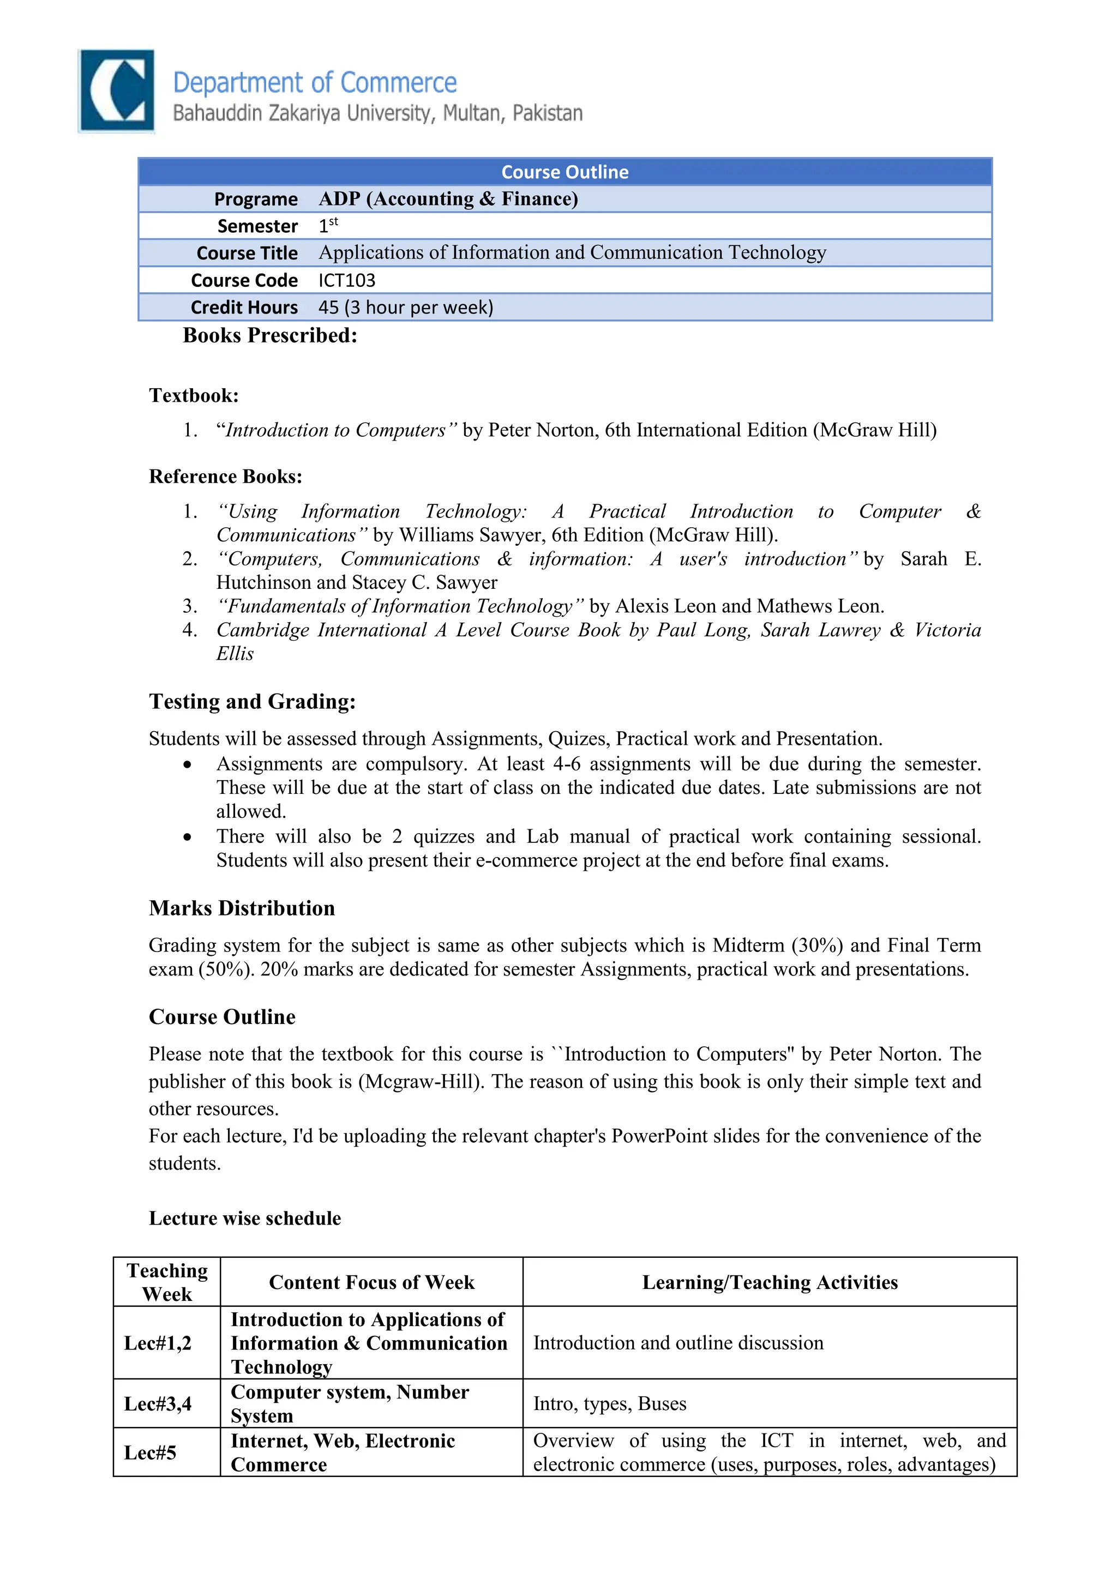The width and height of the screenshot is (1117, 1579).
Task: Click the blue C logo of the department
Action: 116,90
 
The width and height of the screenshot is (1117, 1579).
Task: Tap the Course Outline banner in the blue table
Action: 564,172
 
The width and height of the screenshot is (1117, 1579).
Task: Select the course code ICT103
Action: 347,281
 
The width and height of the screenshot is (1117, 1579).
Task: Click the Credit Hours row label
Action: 244,308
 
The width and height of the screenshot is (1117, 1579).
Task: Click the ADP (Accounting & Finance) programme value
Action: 448,199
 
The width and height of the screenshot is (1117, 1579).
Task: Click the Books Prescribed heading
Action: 269,336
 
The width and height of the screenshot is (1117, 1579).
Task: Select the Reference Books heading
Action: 226,477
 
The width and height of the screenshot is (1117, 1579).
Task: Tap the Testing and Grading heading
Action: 253,702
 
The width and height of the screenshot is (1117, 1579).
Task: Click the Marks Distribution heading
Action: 242,908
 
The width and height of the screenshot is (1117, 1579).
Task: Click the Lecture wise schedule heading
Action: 245,1219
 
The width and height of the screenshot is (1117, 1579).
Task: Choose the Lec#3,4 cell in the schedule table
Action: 158,1403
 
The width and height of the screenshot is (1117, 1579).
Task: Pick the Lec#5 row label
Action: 150,1453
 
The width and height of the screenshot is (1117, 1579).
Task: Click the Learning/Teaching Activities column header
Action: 770,1282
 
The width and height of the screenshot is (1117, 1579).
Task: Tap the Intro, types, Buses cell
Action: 609,1403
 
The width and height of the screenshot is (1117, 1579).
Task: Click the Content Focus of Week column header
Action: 371,1282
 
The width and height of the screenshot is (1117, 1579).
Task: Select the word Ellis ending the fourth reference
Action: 235,654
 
